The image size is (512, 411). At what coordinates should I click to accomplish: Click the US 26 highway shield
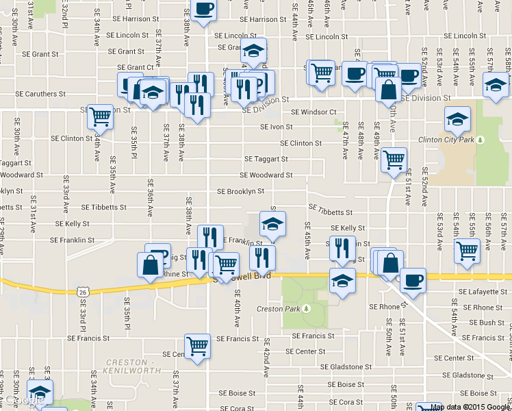click(x=83, y=291)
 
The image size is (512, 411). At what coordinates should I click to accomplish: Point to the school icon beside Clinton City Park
click(x=457, y=121)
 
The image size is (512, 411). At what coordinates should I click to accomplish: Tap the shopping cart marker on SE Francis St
click(x=197, y=347)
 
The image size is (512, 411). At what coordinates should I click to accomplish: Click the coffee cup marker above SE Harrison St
click(x=203, y=9)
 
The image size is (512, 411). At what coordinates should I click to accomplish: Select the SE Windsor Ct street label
click(x=313, y=112)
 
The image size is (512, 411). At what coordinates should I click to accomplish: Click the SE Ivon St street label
click(x=276, y=127)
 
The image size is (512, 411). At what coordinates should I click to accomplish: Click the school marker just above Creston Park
click(x=342, y=281)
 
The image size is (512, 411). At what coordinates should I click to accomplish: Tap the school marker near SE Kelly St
click(x=272, y=224)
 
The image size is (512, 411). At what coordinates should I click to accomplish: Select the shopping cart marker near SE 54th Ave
click(x=467, y=251)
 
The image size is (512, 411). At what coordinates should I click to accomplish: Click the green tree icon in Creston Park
click(x=307, y=309)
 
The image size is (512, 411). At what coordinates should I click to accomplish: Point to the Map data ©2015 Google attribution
click(x=470, y=407)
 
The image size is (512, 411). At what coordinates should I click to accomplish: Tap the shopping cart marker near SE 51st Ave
click(x=394, y=160)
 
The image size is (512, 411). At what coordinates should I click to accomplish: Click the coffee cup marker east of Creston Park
click(x=413, y=281)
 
